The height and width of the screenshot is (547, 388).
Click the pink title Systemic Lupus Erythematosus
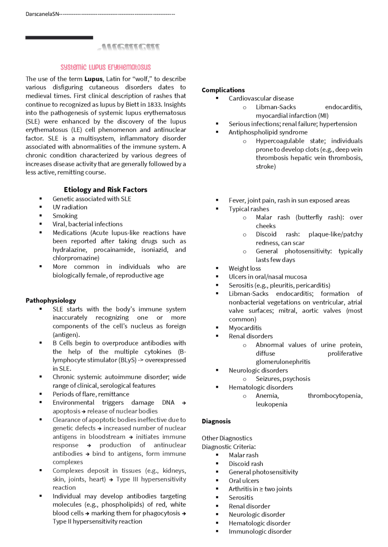tap(105, 67)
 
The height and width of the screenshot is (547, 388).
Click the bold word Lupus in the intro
tap(93, 79)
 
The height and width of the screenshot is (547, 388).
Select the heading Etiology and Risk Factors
tap(105, 190)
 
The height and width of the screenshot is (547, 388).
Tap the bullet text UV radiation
tap(70, 207)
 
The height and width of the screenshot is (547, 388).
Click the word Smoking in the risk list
tap(65, 216)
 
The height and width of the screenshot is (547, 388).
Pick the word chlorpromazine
tap(76, 258)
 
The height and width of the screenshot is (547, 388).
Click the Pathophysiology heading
tap(51, 301)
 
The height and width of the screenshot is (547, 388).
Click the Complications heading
tap(223, 90)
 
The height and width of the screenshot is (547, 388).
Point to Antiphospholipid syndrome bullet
tap(268, 132)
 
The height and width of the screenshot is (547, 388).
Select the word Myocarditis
tap(245, 328)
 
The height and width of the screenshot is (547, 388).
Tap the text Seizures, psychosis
tap(283, 379)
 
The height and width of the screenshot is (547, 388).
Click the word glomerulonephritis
tap(283, 362)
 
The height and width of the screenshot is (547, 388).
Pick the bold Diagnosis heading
tap(216, 421)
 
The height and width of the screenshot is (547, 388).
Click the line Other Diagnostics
tap(227, 438)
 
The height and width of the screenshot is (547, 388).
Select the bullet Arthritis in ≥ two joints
tap(260, 489)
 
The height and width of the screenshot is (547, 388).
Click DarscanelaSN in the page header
tap(42, 14)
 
